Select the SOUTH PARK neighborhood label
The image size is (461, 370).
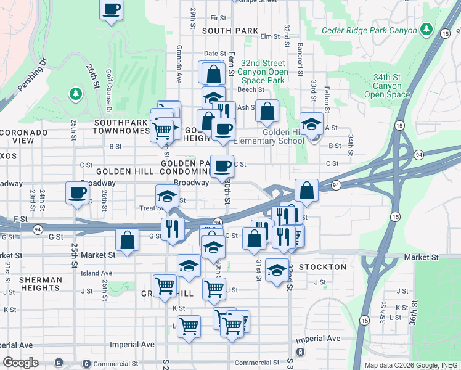point(229,30)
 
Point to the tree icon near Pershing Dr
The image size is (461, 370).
point(75,94)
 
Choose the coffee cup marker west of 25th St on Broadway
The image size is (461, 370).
point(78,193)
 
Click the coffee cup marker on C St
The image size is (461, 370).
point(222,166)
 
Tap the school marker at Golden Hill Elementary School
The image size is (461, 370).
point(312,125)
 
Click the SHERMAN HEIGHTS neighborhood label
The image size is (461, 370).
point(41,284)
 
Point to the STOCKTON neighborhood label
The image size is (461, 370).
point(322,267)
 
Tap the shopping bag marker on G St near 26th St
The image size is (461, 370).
point(127,240)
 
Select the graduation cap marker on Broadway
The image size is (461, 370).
point(166,196)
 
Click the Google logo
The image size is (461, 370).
point(20,363)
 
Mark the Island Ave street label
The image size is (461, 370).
point(97,273)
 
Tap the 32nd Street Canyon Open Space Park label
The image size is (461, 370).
point(263,72)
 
